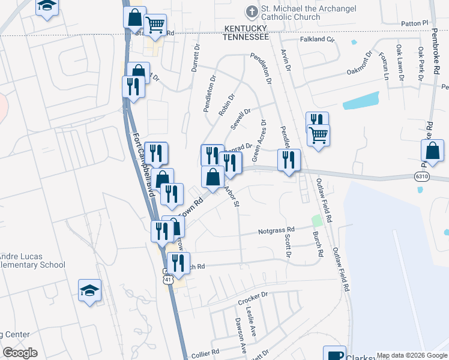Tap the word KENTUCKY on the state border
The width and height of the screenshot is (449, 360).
point(246,28)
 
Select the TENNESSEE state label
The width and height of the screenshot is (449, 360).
point(246,37)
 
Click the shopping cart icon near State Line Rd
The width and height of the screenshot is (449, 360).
point(155,25)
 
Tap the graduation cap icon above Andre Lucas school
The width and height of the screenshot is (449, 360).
point(90,290)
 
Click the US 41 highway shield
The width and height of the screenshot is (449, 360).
point(168,279)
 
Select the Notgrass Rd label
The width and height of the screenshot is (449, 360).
point(276,230)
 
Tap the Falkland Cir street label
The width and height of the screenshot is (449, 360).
point(316,40)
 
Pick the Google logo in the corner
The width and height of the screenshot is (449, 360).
point(20,353)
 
